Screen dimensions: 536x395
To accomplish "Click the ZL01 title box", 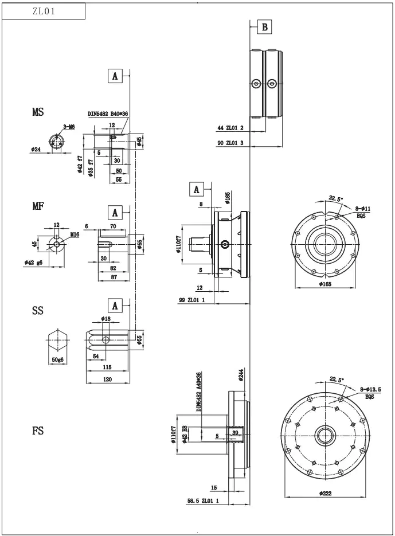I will (x=44, y=11).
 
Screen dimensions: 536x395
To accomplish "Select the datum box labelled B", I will (x=264, y=26).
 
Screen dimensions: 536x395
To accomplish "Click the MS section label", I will (x=38, y=112).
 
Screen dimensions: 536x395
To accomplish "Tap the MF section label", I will (x=38, y=206).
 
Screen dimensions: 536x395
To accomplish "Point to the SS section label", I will (x=37, y=311).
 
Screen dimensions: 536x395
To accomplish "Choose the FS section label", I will (x=37, y=431).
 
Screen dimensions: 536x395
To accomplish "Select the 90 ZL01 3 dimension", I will (x=230, y=143).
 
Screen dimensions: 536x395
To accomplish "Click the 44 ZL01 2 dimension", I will (x=230, y=128).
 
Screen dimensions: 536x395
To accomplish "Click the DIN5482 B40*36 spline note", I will (x=108, y=114).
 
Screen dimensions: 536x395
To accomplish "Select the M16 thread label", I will (x=75, y=234).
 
